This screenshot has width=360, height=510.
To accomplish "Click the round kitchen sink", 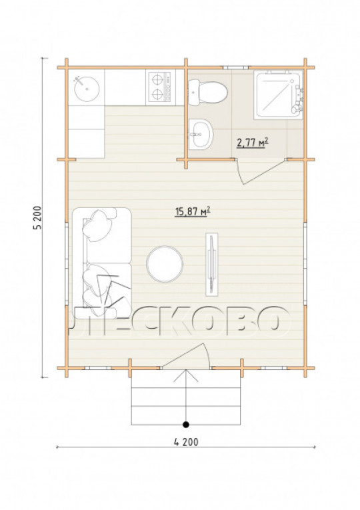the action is (x=87, y=89).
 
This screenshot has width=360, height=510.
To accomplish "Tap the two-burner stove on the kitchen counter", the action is (x=160, y=87).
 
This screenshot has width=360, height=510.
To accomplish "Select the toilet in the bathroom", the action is (x=207, y=93).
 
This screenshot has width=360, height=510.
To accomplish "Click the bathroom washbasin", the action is (x=200, y=134).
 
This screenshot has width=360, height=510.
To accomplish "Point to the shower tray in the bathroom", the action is (x=278, y=95).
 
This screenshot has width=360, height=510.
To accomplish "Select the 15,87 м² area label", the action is (x=193, y=211).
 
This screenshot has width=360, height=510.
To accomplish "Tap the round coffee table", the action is (x=165, y=264).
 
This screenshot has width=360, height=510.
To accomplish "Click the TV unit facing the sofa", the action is (x=212, y=264).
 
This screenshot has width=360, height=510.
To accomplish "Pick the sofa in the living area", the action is (x=102, y=263).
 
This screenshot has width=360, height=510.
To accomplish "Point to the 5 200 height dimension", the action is (x=38, y=217).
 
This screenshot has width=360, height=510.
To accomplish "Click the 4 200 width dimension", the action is (x=186, y=442).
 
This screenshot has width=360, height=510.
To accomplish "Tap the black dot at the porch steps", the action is (x=186, y=424).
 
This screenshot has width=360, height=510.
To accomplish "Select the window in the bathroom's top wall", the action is (x=236, y=67).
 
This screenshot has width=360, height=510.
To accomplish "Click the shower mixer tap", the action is (x=299, y=97).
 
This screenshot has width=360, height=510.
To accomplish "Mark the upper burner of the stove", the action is (x=158, y=79).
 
